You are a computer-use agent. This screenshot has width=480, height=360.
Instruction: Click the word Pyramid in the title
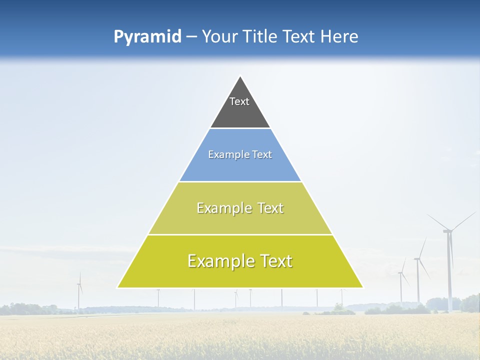147,37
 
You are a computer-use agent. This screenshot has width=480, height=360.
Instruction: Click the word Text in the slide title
299,37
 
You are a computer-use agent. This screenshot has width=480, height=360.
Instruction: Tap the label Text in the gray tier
239,101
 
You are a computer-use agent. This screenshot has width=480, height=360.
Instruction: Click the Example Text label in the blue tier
240,154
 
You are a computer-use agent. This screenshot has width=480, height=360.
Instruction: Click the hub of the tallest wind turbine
448,230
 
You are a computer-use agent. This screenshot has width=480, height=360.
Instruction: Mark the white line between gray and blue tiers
240,128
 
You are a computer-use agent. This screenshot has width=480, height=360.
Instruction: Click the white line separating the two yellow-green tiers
240,234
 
